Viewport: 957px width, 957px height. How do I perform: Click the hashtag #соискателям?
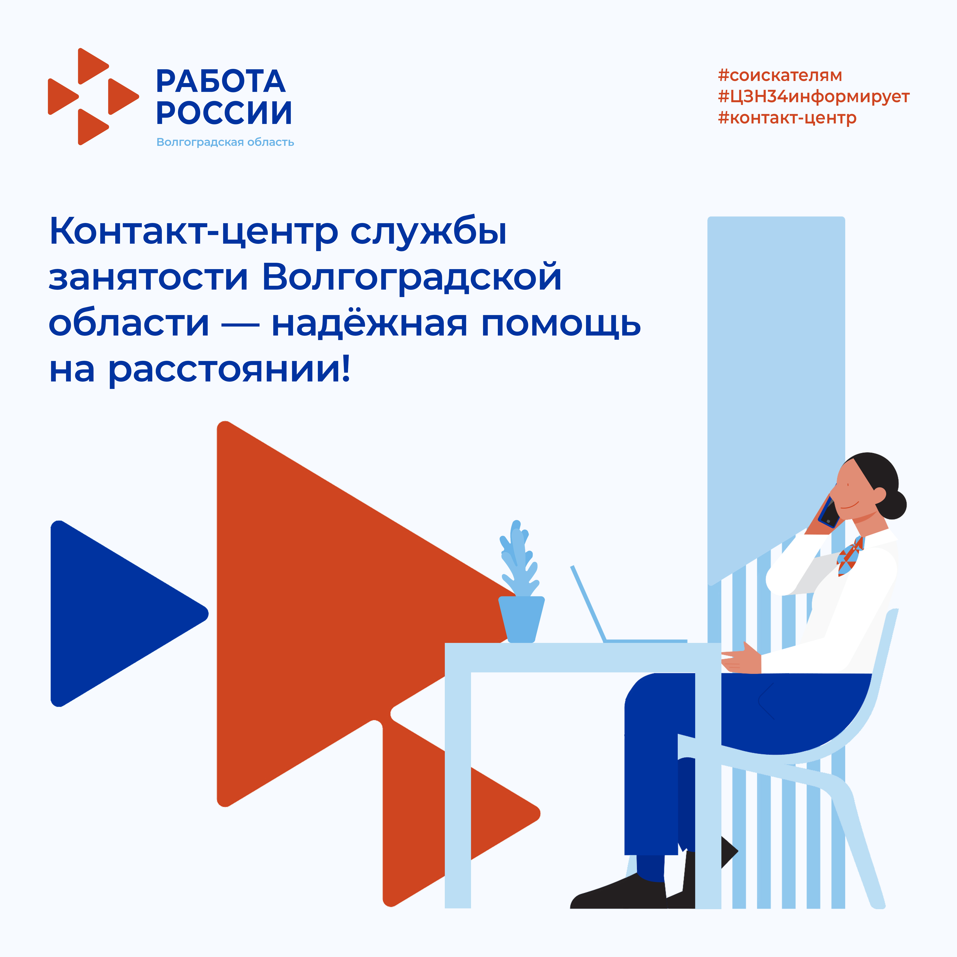coord(780,75)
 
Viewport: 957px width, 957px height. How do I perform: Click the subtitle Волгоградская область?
coord(225,142)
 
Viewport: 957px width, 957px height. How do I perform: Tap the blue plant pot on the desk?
coord(521,619)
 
